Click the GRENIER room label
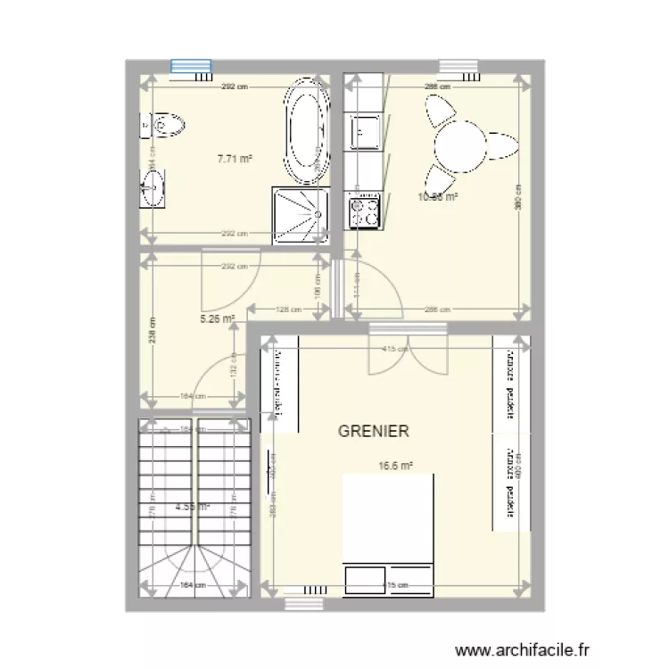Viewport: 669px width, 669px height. (374, 431)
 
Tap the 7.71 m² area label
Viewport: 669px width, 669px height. (235, 160)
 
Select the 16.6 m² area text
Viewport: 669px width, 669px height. (395, 465)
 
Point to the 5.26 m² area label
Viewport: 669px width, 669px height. (218, 317)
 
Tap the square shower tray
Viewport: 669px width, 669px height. (298, 214)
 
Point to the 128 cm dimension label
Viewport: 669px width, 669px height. (287, 310)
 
